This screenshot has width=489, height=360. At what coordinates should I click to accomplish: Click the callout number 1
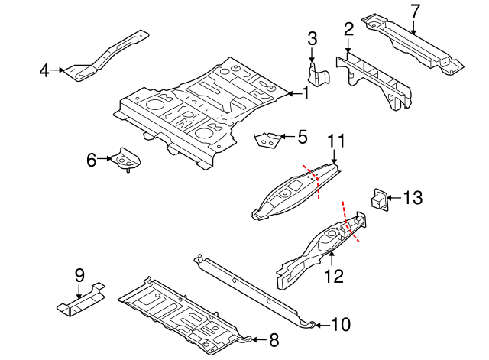306,94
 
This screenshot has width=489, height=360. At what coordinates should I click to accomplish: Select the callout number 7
415,11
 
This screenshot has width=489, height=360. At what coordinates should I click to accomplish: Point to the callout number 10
340,325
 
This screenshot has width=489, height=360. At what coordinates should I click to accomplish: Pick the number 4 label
44,71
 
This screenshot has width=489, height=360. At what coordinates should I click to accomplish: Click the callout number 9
78,276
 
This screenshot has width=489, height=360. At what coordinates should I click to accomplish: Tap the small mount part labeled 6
125,159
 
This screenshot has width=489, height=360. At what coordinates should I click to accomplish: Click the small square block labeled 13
379,197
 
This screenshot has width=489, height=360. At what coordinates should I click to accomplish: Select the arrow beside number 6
105,160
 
